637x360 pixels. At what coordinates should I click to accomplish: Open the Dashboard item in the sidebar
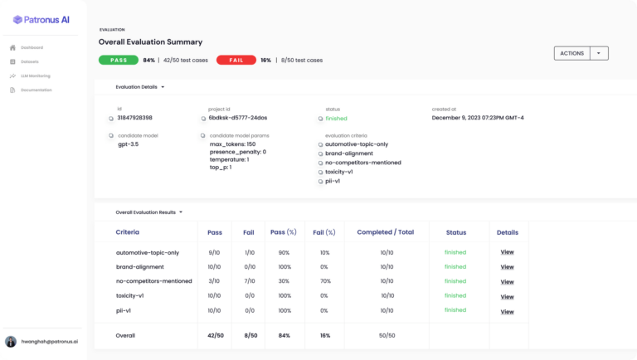coord(32,47)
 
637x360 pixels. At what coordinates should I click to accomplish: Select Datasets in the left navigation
coord(31,61)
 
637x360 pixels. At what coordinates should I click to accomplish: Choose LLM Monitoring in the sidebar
coord(36,75)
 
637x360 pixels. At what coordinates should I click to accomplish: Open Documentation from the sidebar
coord(36,90)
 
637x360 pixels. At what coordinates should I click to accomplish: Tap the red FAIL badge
coord(236,60)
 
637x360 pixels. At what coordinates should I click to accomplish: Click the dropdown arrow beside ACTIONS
coord(600,53)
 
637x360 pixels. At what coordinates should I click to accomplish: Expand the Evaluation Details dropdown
coord(163,86)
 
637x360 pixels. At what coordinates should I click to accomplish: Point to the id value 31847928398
coord(134,118)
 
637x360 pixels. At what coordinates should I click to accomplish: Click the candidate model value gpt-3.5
coord(129,144)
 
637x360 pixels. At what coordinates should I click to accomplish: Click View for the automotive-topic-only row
coord(507,252)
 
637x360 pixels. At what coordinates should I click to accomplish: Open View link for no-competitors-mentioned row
coord(507,282)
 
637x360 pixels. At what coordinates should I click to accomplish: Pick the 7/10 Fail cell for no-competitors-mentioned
coord(248,282)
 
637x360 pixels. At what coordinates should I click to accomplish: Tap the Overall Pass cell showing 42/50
coord(214,335)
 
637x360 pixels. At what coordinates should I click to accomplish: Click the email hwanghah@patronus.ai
coord(50,342)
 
